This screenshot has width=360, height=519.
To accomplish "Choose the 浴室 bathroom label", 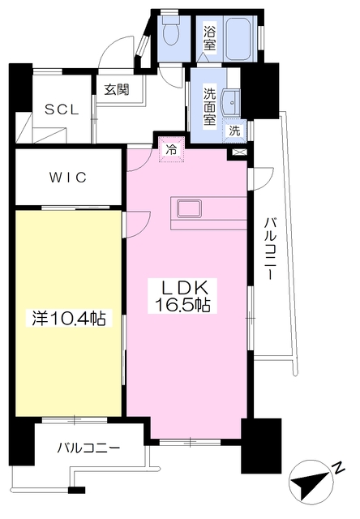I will click(209, 38).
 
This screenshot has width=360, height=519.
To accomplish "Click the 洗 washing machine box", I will click(234, 130).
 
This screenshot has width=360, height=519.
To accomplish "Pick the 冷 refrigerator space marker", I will click(171, 149).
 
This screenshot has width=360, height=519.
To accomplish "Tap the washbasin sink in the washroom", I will click(232, 102).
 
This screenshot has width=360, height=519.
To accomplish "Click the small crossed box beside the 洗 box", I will click(238, 152).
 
